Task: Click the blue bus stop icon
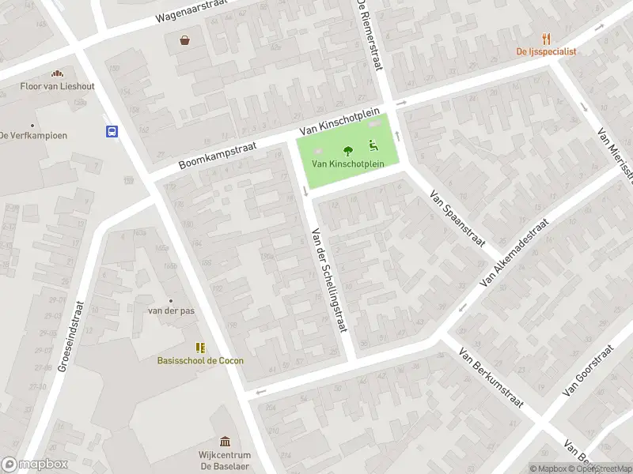coord(112,132)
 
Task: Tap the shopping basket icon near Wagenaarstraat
coord(184,39)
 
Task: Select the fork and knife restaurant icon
coord(546,38)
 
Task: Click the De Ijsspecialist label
coord(546,51)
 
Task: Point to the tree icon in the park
coord(347,150)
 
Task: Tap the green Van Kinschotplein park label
coord(347,164)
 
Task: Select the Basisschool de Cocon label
coord(200,360)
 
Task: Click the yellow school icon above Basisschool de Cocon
coord(200,347)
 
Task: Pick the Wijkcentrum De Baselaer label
coord(225,460)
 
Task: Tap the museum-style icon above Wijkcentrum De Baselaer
coord(225,441)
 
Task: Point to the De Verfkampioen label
coord(33,135)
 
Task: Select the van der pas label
coord(171,310)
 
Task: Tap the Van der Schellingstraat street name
coord(330,280)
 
